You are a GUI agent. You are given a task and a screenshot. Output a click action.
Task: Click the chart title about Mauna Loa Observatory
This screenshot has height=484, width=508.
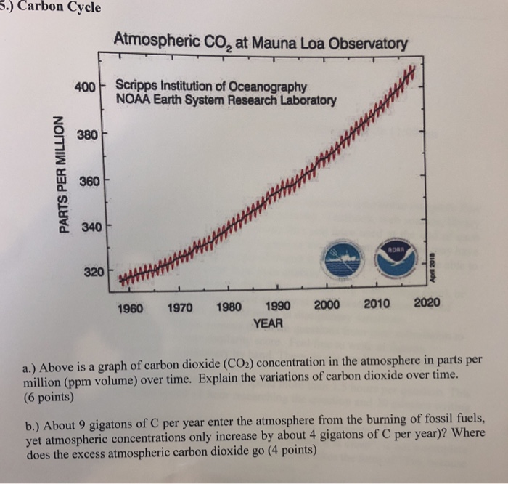[x=261, y=44]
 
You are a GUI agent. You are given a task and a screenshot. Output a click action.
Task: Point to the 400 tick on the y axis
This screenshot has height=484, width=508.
[x=86, y=86]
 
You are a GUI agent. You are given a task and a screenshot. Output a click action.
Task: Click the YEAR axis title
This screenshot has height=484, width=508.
[x=268, y=321]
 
